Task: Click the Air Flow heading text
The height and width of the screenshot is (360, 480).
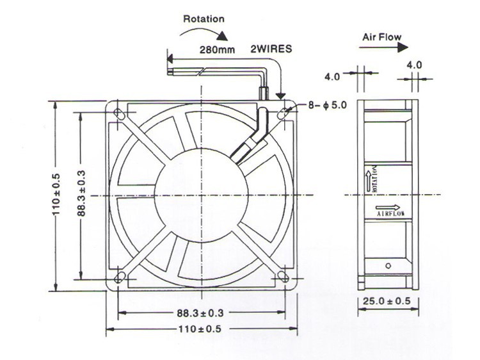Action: pyautogui.click(x=381, y=37)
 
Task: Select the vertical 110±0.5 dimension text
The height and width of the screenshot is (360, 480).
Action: pyautogui.click(x=56, y=195)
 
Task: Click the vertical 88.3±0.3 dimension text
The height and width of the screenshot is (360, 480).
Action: pyautogui.click(x=81, y=195)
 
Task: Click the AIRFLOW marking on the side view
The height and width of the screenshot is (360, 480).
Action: pyautogui.click(x=390, y=211)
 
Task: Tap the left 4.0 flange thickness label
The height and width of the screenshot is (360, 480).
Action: pyautogui.click(x=332, y=77)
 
